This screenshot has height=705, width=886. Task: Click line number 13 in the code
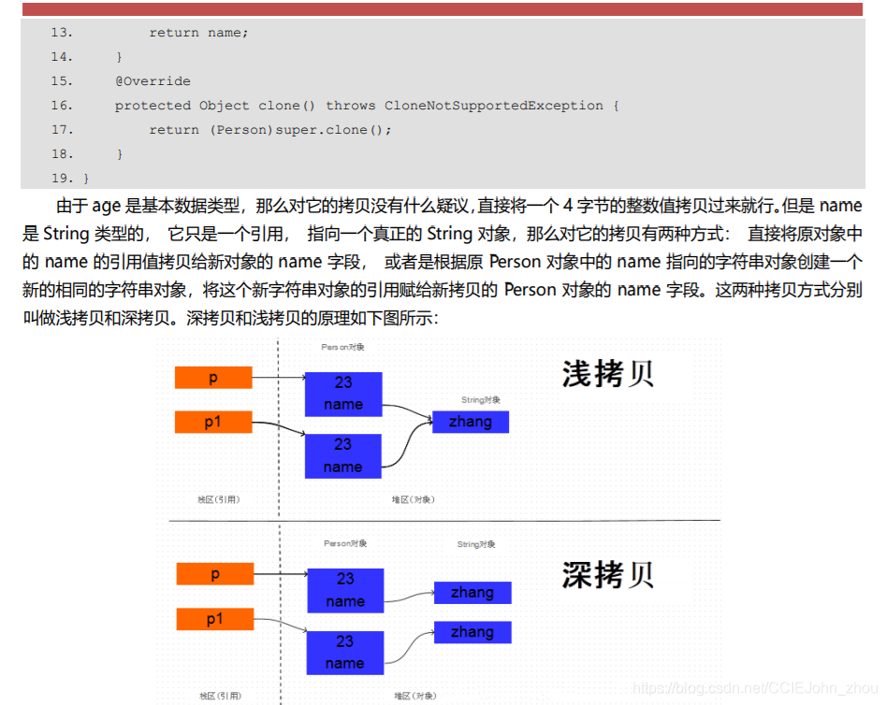[62, 33]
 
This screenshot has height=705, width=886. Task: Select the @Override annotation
[153, 81]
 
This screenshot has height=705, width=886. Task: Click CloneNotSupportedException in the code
[494, 106]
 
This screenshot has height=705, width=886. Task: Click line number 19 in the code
[62, 178]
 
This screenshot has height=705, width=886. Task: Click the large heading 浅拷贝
[607, 373]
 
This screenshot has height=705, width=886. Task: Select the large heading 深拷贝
[607, 574]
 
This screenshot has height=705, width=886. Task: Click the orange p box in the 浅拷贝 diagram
[213, 378]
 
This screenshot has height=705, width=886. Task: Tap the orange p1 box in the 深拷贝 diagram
[215, 619]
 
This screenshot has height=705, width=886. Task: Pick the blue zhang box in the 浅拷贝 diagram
[470, 422]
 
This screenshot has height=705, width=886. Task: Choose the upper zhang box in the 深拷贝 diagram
[472, 593]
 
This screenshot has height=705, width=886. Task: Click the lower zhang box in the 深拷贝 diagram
[472, 632]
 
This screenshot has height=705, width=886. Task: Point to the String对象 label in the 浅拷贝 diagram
[481, 400]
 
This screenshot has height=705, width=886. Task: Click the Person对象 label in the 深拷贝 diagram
[345, 543]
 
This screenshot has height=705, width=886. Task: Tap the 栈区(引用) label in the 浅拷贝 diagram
[219, 499]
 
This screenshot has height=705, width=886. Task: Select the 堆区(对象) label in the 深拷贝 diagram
[414, 696]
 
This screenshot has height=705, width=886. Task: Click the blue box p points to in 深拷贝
[345, 590]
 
